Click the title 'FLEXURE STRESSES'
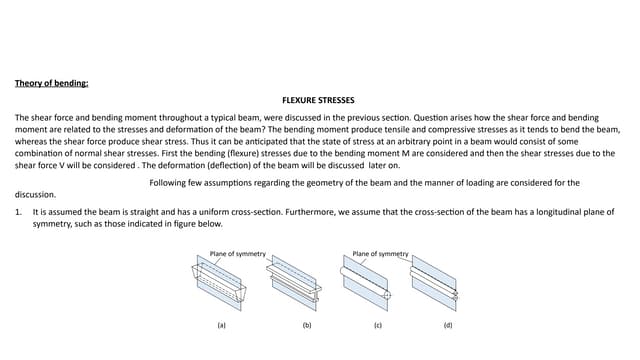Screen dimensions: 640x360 (x=319, y=101)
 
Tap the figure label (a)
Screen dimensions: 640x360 (x=222, y=326)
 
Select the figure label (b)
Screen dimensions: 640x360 (x=307, y=326)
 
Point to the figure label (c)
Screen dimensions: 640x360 (x=377, y=326)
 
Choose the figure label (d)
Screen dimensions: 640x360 (x=447, y=326)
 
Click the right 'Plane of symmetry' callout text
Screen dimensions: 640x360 (x=381, y=254)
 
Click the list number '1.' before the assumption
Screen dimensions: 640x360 (x=19, y=213)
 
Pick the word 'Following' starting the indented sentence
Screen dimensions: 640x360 (x=167, y=182)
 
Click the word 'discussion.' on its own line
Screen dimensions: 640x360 (x=36, y=195)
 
